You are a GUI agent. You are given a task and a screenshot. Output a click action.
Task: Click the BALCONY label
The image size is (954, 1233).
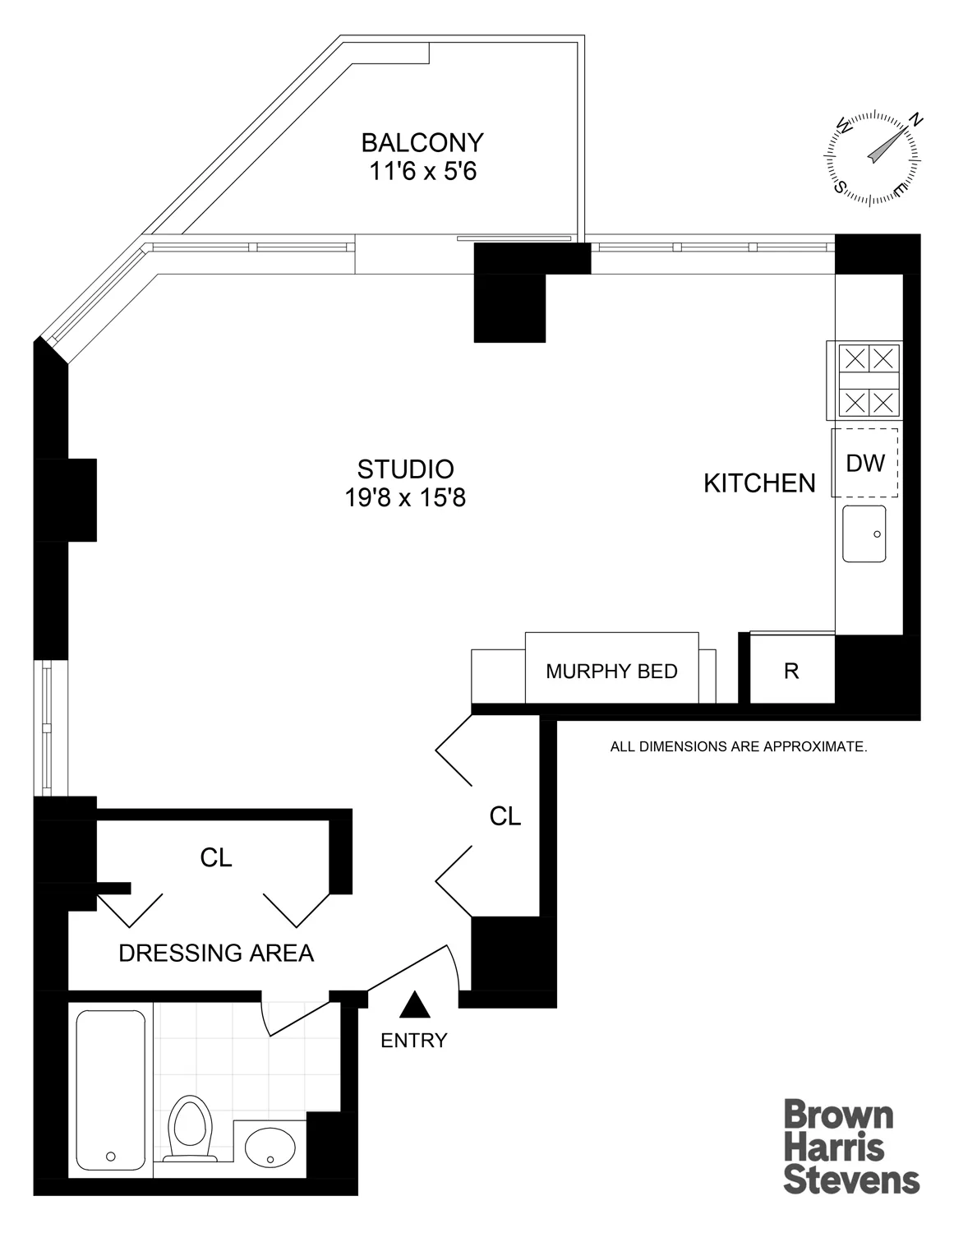(422, 142)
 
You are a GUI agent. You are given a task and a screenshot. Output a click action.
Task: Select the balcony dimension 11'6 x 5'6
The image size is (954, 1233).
(422, 172)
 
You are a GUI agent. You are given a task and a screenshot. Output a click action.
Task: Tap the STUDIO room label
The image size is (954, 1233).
(405, 469)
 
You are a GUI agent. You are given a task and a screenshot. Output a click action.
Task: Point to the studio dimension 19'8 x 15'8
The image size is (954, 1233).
(405, 498)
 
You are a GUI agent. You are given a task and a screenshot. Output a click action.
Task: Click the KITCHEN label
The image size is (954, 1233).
(759, 483)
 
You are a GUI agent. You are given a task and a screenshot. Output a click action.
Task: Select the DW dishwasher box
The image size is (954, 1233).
(865, 463)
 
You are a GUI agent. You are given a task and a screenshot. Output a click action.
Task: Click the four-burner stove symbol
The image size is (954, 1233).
(869, 381)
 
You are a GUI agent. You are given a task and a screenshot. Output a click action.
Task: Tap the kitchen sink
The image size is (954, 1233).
(864, 533)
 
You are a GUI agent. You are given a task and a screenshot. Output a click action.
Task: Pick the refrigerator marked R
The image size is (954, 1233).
(791, 671)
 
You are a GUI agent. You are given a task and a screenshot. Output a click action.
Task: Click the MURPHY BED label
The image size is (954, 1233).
(611, 671)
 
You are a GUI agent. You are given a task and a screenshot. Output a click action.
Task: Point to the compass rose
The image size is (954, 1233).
(873, 156)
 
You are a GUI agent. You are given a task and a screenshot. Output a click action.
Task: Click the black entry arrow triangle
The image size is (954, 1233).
(415, 1004)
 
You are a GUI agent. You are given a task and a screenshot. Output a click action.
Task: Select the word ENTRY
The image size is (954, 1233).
(413, 1040)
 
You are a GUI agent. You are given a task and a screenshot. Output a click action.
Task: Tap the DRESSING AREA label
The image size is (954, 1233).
(216, 953)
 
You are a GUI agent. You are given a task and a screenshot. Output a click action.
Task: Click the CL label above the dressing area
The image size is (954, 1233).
(216, 857)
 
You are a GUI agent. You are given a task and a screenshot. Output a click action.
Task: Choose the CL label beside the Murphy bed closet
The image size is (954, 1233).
(505, 815)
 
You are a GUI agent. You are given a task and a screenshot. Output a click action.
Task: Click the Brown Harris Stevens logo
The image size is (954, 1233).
(850, 1147)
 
